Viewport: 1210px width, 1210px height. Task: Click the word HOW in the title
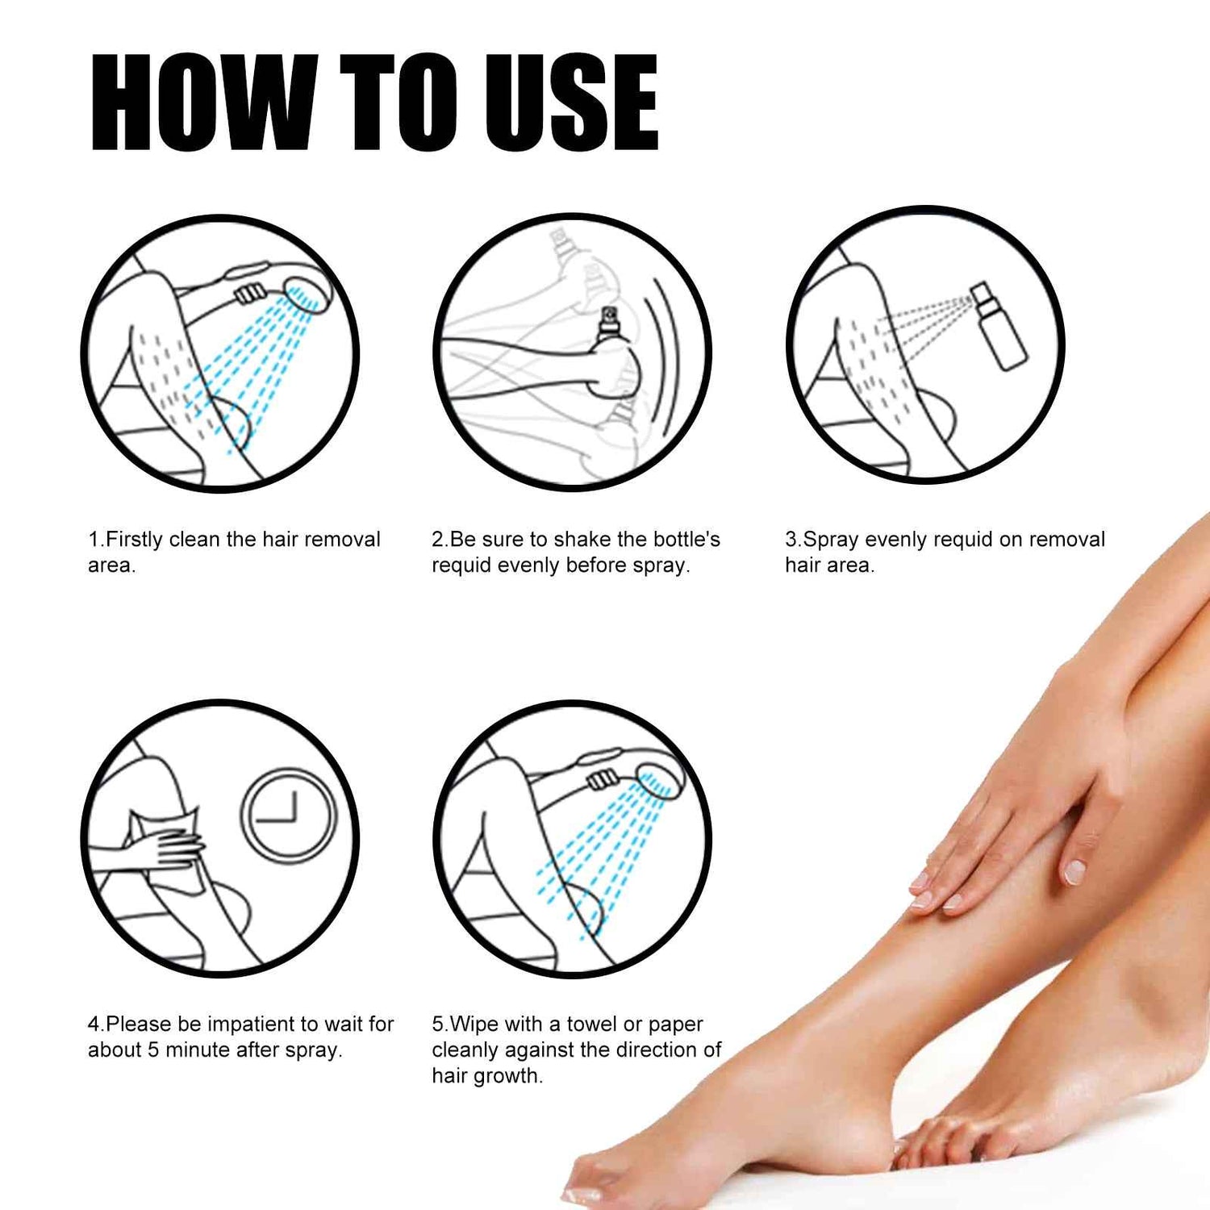coord(202,102)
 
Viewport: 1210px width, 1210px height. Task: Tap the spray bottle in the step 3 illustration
coord(998,327)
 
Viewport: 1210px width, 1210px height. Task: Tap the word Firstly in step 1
coord(134,539)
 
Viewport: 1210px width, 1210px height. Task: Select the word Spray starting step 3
coord(831,539)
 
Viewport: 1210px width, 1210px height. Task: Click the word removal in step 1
coord(343,539)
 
